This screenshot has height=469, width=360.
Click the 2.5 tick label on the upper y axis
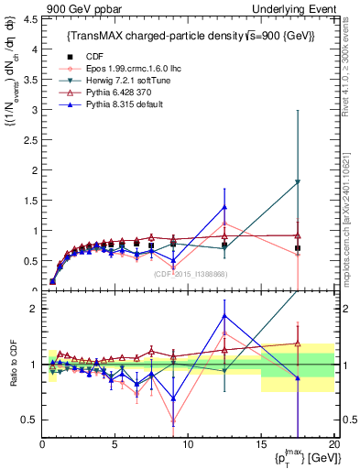[29, 140]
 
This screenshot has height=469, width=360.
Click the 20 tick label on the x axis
[333, 444]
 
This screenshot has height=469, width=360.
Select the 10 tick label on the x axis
[188, 444]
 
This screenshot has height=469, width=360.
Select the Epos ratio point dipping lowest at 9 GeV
[173, 421]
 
